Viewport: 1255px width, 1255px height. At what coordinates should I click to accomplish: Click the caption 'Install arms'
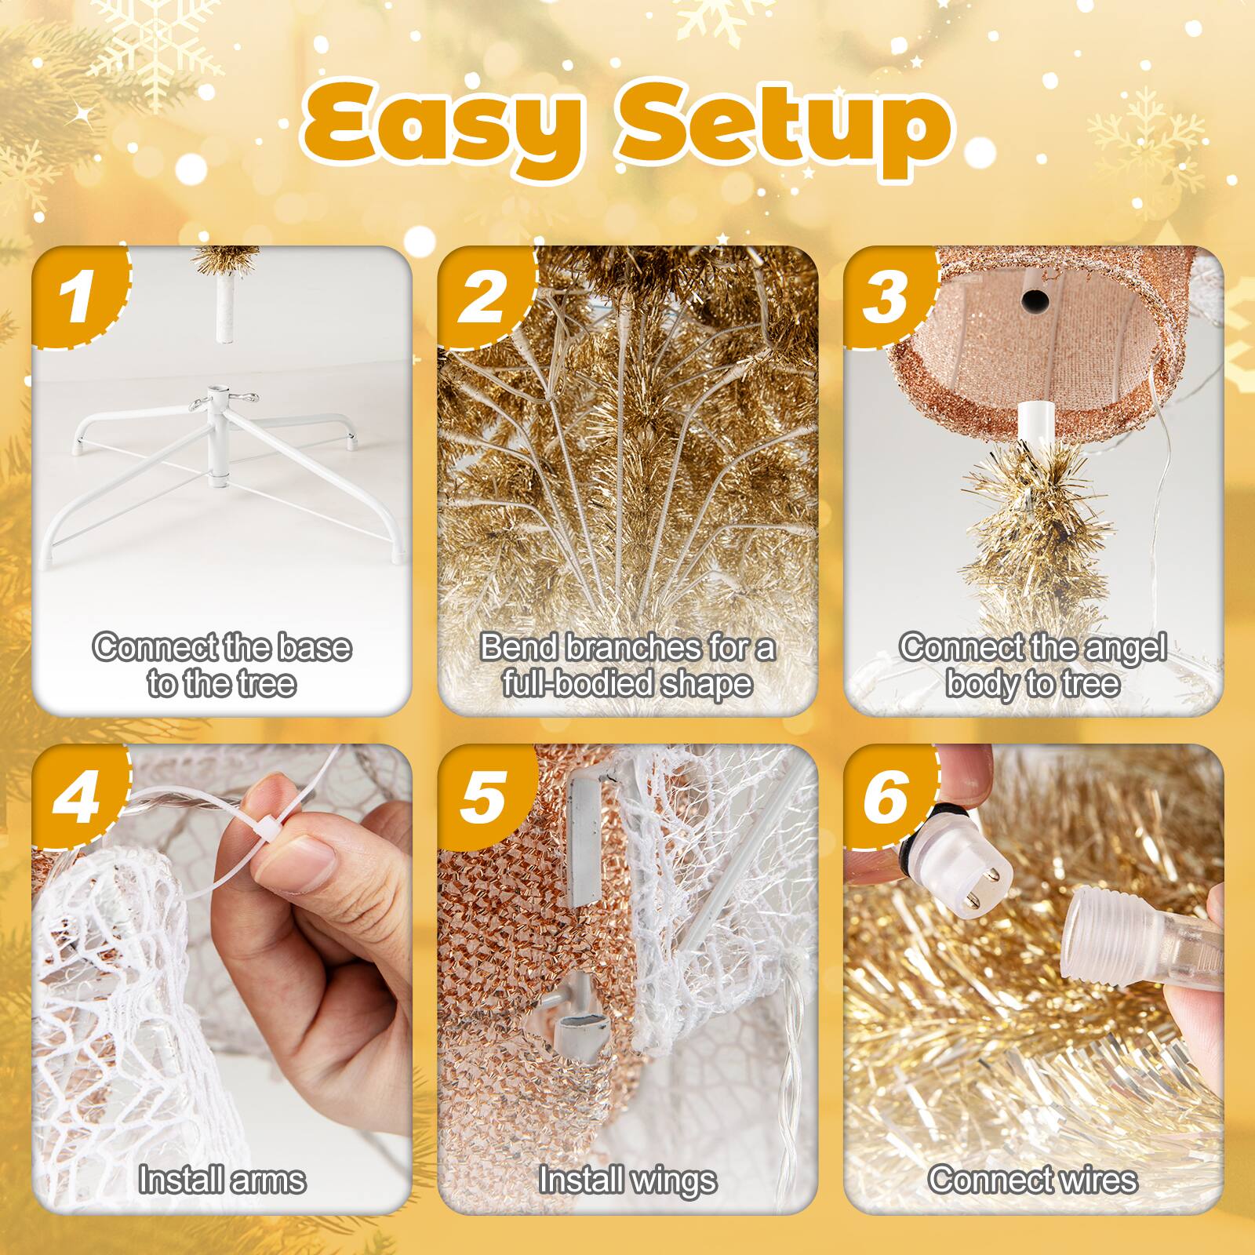(x=222, y=1180)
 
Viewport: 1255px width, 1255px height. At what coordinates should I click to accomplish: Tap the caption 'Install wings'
(x=627, y=1180)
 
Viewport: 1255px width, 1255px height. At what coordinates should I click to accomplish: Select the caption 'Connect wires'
(x=1033, y=1180)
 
